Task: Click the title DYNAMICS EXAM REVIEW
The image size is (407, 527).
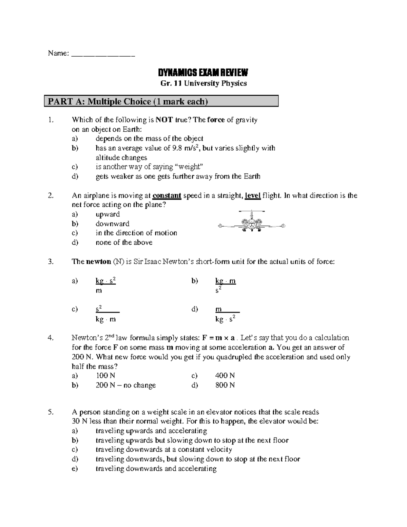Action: click(203, 73)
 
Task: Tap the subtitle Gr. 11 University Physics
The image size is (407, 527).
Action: click(203, 83)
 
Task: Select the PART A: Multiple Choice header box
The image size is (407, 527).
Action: click(161, 101)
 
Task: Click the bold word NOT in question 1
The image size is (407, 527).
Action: click(164, 120)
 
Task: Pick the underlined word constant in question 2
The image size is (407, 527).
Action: click(167, 196)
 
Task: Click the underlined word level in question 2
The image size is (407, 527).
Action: click(253, 196)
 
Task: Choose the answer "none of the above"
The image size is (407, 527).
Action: click(124, 243)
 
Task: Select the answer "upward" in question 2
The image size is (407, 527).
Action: click(108, 214)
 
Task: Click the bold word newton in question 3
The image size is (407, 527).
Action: click(98, 262)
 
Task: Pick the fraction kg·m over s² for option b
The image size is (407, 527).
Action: click(226, 285)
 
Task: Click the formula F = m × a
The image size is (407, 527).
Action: click(218, 338)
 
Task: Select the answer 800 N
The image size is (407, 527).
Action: click(225, 385)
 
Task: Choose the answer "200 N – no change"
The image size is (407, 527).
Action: click(125, 385)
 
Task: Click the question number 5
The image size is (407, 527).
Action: click(51, 412)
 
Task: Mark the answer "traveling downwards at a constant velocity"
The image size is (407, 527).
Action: click(164, 450)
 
